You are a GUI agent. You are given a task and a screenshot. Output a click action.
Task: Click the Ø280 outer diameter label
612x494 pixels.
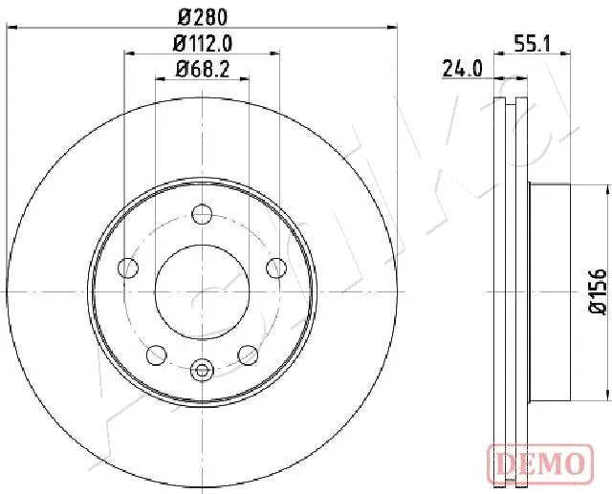click(x=202, y=16)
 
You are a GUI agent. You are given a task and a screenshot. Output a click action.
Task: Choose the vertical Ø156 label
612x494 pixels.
click(x=595, y=290)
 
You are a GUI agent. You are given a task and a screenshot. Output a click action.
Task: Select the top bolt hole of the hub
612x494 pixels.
click(x=202, y=213)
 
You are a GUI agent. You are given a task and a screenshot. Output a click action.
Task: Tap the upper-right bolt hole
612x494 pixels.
click(x=274, y=266)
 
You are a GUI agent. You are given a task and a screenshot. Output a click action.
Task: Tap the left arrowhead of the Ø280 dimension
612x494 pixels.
click(x=11, y=29)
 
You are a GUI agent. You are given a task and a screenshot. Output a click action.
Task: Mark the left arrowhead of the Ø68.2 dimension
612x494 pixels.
click(x=159, y=80)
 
